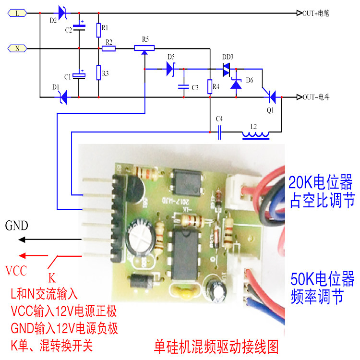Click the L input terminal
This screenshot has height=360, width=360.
click(x=18, y=13)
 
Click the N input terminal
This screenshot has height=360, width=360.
click(x=18, y=48)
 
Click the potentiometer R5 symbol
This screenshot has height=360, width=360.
click(x=144, y=48)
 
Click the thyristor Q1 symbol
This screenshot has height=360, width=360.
click(x=271, y=97)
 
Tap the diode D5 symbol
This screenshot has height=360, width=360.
click(x=170, y=69)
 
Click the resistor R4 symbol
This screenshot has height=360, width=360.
click(x=210, y=87)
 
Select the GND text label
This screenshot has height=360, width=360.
click(x=17, y=226)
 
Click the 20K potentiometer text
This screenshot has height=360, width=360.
click(x=320, y=191)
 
